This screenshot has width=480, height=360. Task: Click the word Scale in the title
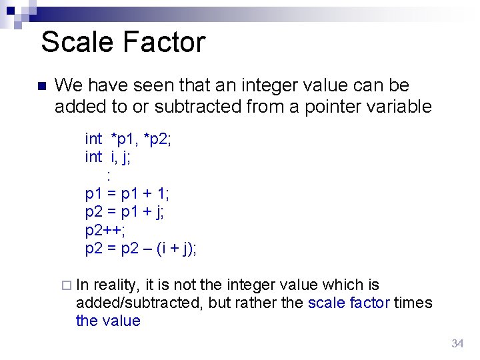[x=77, y=42]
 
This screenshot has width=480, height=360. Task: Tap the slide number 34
[x=457, y=343]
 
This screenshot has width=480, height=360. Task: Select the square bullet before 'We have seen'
[x=40, y=87]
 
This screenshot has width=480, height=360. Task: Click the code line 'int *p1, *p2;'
[x=129, y=139]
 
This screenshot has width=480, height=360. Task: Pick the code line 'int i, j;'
[x=107, y=157]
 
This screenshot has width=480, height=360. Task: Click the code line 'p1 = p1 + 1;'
[x=127, y=194]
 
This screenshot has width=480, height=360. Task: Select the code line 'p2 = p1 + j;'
[x=125, y=212]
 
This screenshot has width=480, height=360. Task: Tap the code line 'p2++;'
[x=105, y=231]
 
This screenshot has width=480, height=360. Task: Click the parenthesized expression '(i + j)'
[x=174, y=249]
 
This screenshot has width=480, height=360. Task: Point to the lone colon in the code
[x=108, y=175]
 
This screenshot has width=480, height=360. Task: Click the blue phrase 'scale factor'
[x=349, y=303]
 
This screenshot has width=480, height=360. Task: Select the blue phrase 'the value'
[x=108, y=321]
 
